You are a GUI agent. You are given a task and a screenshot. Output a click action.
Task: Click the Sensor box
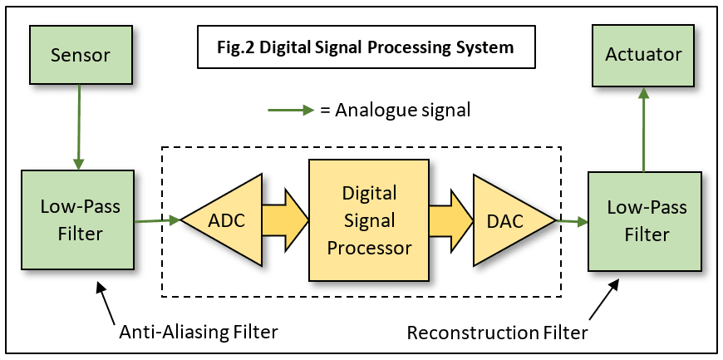tap(80, 55)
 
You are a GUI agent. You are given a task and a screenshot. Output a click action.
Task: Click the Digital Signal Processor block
tap(369, 220)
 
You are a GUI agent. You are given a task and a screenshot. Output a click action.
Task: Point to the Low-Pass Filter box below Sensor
tap(77, 219)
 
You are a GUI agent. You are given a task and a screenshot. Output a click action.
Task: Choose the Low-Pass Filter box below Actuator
tap(644, 221)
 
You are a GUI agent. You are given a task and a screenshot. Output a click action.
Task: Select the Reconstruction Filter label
tap(497, 333)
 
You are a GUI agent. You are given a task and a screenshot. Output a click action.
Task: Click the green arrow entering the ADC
tap(157, 220)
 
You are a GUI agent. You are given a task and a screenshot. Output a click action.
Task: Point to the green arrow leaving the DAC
tap(572, 222)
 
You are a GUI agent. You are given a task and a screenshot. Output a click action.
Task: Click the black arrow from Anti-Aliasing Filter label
tap(106, 303)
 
